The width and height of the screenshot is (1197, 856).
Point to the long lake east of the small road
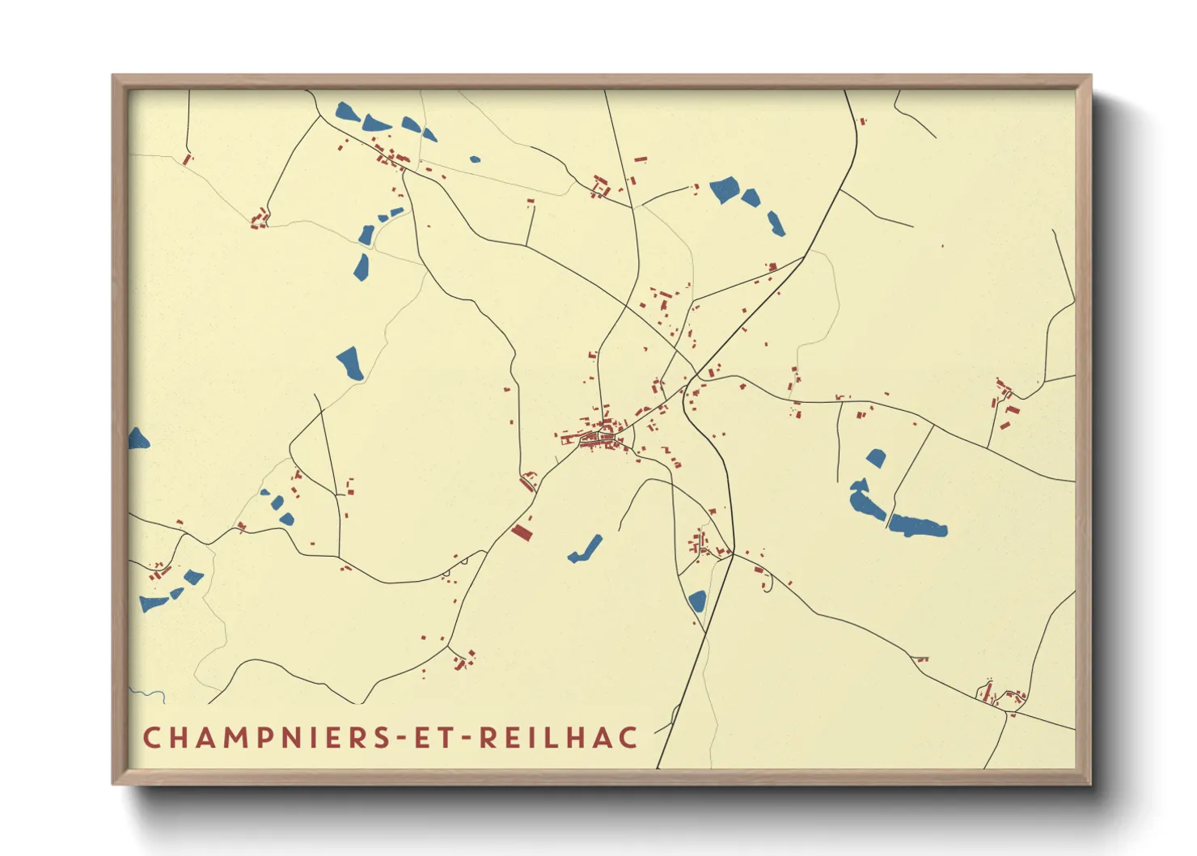coord(918,526)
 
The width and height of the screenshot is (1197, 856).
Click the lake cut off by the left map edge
coord(137,439)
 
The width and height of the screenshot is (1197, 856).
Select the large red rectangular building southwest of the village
coord(522,532)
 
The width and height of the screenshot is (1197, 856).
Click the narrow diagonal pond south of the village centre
coord(586,549)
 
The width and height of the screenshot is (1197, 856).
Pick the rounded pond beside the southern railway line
coord(696,601)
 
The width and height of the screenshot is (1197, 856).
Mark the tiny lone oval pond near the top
coord(475,159)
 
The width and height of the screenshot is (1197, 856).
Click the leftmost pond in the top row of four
coord(347,112)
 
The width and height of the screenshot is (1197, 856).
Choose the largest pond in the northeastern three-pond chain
coord(724,189)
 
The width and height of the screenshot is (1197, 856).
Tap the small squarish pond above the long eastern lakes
coord(876,458)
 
